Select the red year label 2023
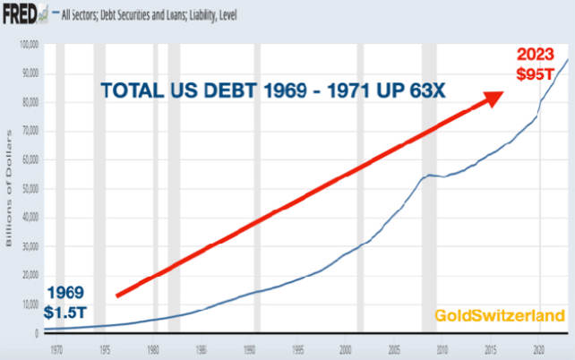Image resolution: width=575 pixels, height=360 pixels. pyautogui.click(x=540, y=54)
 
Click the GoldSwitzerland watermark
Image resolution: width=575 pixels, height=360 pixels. pyautogui.click(x=500, y=315)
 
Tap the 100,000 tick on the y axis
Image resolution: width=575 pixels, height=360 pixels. pyautogui.click(x=30, y=44)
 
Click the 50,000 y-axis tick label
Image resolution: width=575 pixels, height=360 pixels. pyautogui.click(x=30, y=189)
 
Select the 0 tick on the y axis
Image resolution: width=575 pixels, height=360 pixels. pyautogui.click(x=38, y=333)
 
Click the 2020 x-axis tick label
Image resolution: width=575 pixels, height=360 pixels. pyautogui.click(x=539, y=347)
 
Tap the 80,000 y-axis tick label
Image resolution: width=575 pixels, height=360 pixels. pyautogui.click(x=30, y=102)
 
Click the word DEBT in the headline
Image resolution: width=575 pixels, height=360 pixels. pyautogui.click(x=220, y=91)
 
